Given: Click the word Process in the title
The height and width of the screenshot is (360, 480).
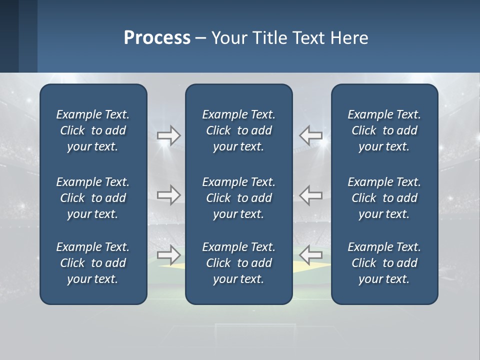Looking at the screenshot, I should tap(157, 38).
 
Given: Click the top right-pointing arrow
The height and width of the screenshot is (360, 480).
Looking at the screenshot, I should tap(169, 135).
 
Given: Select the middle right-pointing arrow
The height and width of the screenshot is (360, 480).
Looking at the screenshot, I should tap(169, 195).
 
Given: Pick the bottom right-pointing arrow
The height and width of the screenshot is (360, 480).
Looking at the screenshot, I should tap(169, 255).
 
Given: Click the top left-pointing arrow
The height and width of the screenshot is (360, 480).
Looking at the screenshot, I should tap(311, 135).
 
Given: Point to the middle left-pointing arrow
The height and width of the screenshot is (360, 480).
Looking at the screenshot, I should tap(311, 195).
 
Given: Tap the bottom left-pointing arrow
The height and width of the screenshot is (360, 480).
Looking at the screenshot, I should tap(311, 255).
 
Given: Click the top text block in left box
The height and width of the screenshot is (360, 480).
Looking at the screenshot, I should tap(93, 130).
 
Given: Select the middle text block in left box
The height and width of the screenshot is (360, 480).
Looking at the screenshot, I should tap(93, 198).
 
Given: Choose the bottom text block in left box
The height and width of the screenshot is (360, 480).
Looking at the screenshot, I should tap(93, 263).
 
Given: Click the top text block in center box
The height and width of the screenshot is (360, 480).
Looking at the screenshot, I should tap(239, 130).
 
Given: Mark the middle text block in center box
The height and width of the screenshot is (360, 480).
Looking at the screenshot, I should tap(239, 198).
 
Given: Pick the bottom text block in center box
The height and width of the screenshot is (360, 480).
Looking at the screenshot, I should tap(239, 263).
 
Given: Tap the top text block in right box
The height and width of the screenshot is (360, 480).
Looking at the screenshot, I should tap(384, 130).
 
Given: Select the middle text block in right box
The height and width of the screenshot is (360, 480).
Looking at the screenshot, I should tap(384, 198).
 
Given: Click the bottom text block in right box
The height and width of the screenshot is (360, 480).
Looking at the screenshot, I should tap(384, 263).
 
